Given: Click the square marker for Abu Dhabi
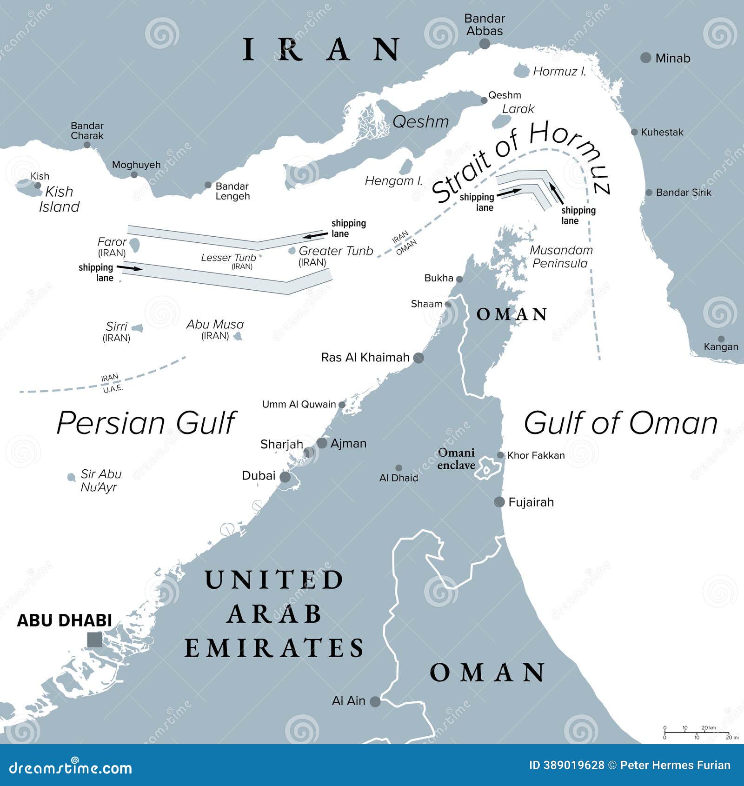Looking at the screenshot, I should pyautogui.click(x=94, y=639).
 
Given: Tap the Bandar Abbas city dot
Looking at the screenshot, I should pyautogui.click(x=485, y=44).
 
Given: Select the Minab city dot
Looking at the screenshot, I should pyautogui.click(x=645, y=58).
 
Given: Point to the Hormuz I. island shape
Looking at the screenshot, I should pyautogui.click(x=521, y=71).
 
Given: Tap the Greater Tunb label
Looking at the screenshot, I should pyautogui.click(x=335, y=251).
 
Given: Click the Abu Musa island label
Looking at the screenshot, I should pyautogui.click(x=215, y=325).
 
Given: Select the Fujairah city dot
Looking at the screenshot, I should pyautogui.click(x=499, y=502).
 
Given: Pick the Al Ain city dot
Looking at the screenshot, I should pyautogui.click(x=375, y=701).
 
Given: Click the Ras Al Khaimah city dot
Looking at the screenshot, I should pyautogui.click(x=418, y=358).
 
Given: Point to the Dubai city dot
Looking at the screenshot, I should pyautogui.click(x=285, y=477).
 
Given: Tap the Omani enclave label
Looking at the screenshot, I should pyautogui.click(x=456, y=459).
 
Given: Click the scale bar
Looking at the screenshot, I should pyautogui.click(x=696, y=733).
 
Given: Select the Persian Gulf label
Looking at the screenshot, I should pyautogui.click(x=146, y=423).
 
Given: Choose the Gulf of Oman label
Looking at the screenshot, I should pyautogui.click(x=621, y=423).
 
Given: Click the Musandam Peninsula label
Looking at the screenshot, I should pyautogui.click(x=561, y=257).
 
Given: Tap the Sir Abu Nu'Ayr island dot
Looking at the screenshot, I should pyautogui.click(x=71, y=477).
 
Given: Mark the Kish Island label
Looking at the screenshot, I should pyautogui.click(x=59, y=199).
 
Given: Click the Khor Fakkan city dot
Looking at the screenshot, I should pyautogui.click(x=500, y=455).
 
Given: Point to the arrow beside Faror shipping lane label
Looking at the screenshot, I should pyautogui.click(x=129, y=268).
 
